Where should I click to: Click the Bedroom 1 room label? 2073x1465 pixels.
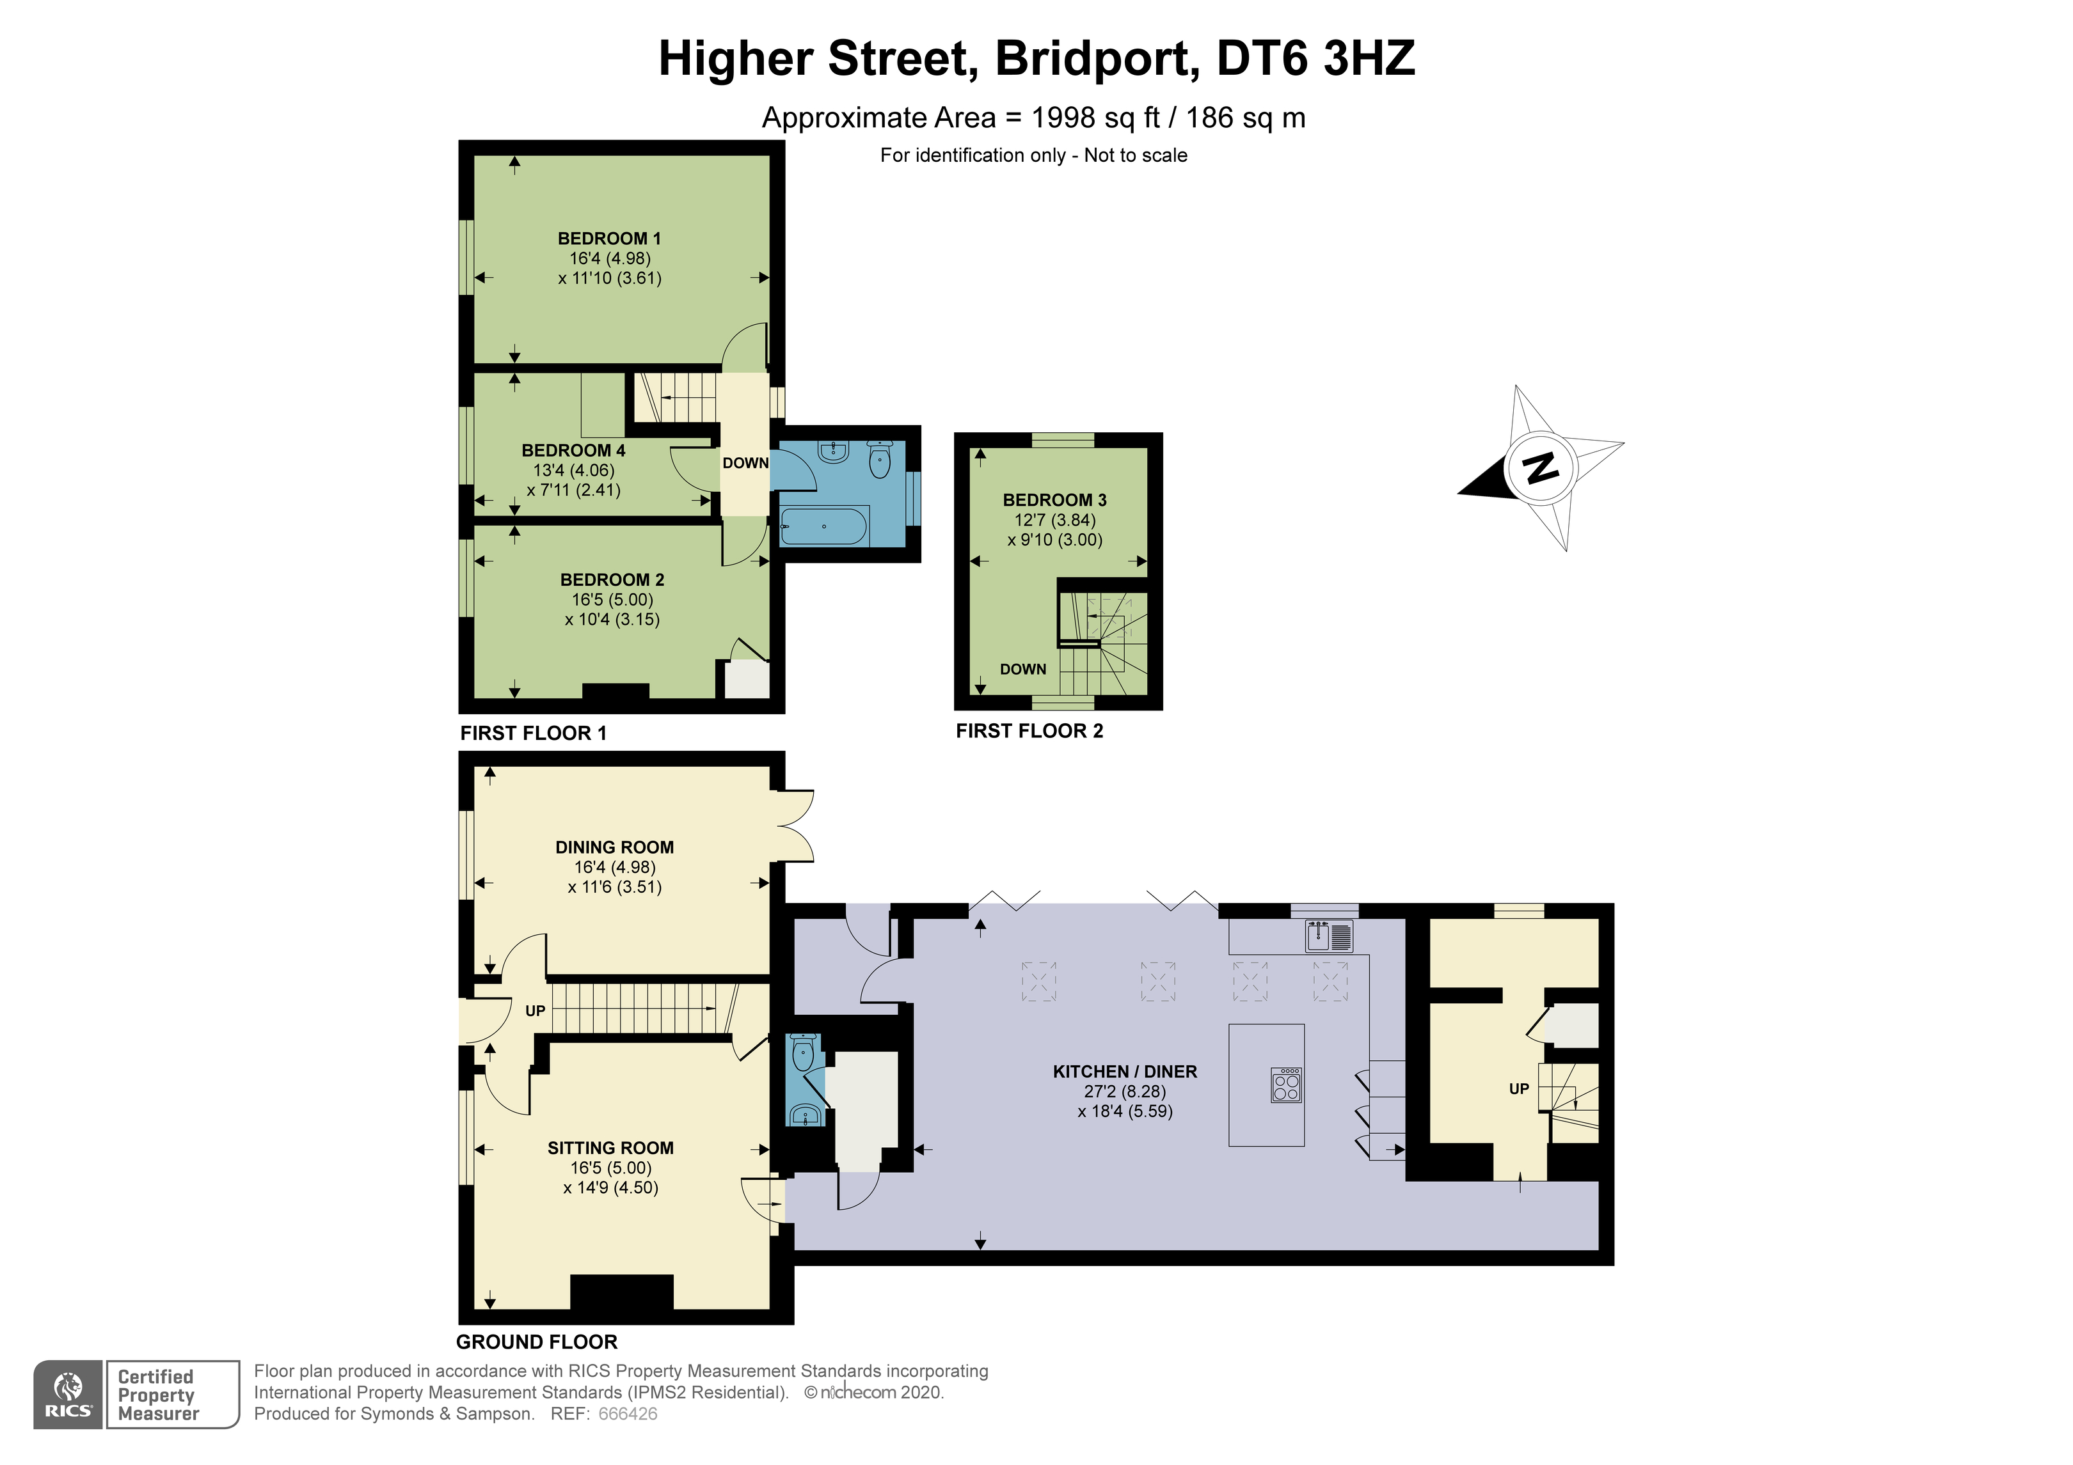610,239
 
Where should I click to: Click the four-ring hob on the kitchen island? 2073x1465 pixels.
1285,1084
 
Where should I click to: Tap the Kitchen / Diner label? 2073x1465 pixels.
1125,1072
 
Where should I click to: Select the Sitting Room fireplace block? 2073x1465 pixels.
622,1292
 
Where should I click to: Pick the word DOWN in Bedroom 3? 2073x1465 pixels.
1023,669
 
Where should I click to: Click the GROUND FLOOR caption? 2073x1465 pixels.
536,1342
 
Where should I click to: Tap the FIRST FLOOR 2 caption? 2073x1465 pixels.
1029,731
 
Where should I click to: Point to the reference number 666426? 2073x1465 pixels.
628,1414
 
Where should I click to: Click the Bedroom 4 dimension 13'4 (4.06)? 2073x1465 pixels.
573,470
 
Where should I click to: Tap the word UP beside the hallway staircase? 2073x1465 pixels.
536,1011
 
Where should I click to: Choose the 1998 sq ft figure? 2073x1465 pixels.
1095,118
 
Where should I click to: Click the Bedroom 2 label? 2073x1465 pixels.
612,579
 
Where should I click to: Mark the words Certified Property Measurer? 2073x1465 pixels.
158,1395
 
